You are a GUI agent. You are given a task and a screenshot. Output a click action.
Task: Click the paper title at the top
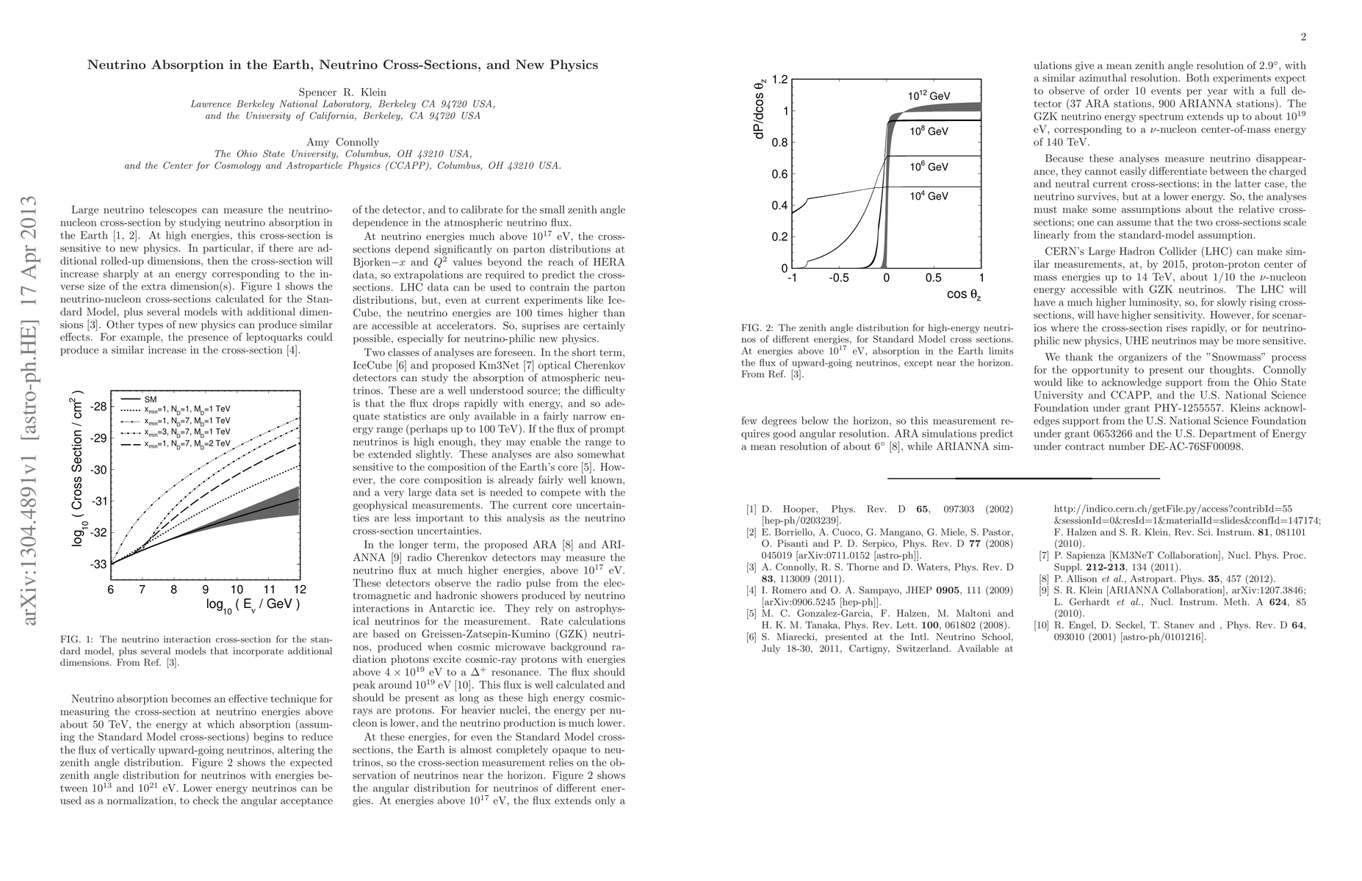click(x=342, y=65)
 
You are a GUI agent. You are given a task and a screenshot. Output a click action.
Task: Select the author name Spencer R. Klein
click(x=342, y=93)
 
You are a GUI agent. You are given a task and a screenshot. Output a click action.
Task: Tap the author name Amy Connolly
click(x=342, y=142)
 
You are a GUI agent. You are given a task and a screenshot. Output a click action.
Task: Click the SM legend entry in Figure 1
click(x=151, y=399)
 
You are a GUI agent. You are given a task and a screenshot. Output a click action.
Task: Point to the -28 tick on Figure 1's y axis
click(x=98, y=407)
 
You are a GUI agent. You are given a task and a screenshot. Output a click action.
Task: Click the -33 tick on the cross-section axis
click(x=98, y=564)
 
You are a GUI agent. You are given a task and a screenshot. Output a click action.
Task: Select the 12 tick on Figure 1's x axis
click(x=300, y=590)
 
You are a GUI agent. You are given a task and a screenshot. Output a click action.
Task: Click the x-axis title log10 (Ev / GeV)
click(x=253, y=605)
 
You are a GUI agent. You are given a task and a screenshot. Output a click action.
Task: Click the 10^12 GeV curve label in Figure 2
click(x=929, y=96)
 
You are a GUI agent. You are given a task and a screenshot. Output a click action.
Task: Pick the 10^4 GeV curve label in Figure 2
click(x=929, y=196)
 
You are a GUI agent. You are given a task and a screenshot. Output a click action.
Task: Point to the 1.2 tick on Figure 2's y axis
click(x=779, y=79)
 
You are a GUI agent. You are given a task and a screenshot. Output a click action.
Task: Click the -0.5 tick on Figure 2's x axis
click(x=839, y=279)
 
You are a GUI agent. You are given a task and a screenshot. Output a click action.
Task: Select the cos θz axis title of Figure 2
click(x=963, y=295)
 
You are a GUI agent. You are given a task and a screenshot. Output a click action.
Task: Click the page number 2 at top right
click(x=1302, y=37)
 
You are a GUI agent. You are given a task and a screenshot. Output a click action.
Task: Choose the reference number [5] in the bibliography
click(x=751, y=614)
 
